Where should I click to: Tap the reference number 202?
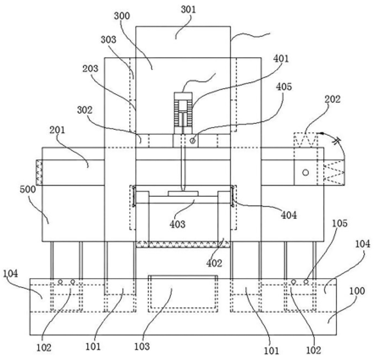[331, 100]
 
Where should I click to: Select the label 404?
[288, 215]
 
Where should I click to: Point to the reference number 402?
[214, 263]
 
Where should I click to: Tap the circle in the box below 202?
[305, 172]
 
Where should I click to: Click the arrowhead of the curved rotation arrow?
[321, 134]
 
